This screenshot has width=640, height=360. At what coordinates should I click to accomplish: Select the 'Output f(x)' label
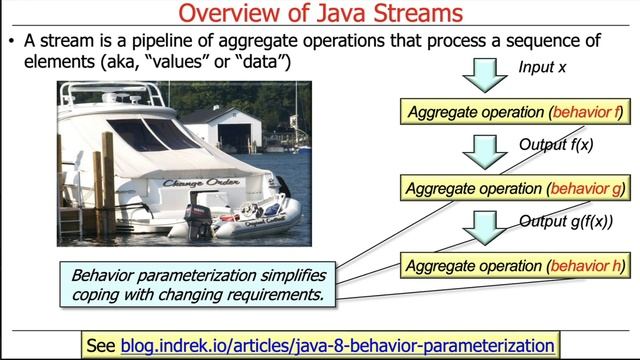point(556,144)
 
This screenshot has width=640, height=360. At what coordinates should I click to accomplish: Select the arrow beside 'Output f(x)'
point(485,151)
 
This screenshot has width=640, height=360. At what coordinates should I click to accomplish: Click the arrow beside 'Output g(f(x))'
point(485,227)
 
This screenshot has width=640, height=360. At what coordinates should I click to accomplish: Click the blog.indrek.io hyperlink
point(337,345)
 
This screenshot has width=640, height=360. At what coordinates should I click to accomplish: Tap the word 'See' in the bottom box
point(101,345)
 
